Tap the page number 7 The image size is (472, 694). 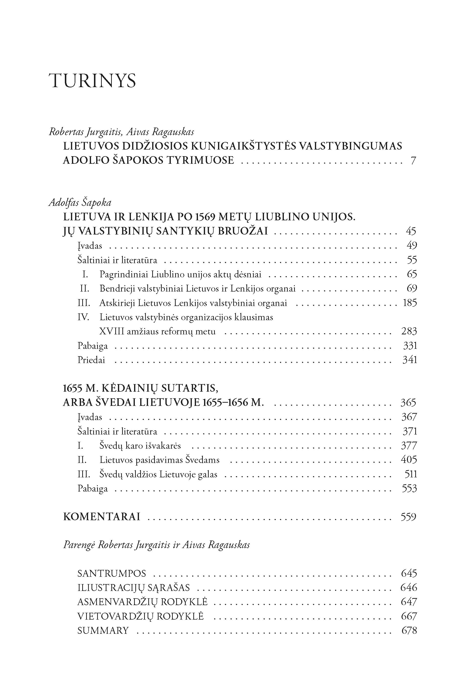click(x=413, y=161)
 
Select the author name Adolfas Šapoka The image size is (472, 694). click(x=80, y=203)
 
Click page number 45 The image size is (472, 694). click(x=411, y=231)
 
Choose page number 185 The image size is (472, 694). click(x=410, y=303)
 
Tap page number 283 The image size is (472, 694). click(x=409, y=331)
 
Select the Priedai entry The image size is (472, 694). click(x=91, y=360)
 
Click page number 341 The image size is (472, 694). click(x=410, y=360)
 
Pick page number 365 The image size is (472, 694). click(x=408, y=402)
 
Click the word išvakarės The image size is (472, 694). click(x=163, y=446)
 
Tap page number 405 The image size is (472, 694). click(x=409, y=460)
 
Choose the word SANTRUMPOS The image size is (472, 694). click(x=112, y=573)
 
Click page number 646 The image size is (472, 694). click(x=409, y=588)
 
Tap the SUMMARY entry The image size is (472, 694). click(x=103, y=630)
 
